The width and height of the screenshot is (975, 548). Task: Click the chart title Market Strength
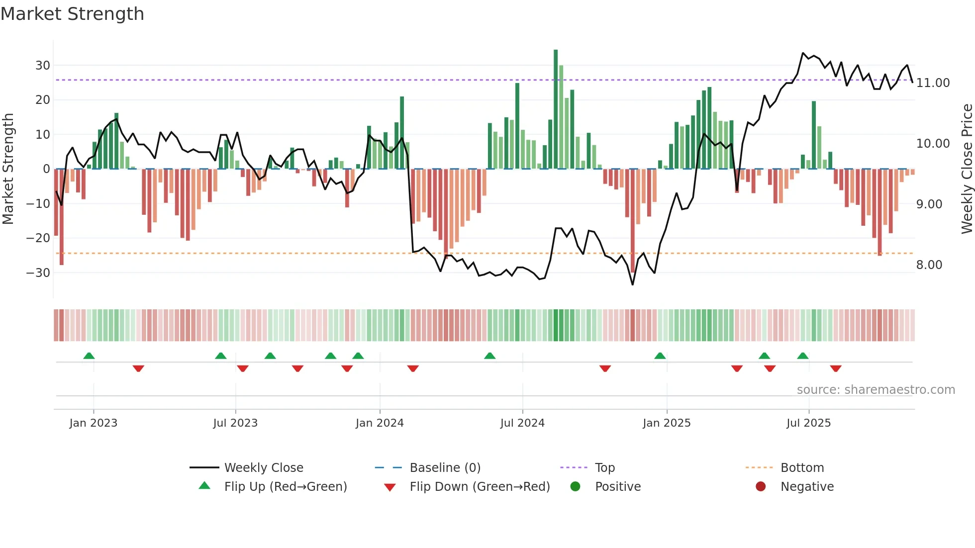(73, 14)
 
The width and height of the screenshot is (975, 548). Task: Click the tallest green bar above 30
(556, 109)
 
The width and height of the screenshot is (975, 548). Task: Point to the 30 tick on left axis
(43, 66)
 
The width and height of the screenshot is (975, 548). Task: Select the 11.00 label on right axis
(933, 83)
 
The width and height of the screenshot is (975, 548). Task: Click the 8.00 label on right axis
(929, 265)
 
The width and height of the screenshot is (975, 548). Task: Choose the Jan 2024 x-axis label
(380, 423)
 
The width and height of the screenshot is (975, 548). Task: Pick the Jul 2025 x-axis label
(808, 423)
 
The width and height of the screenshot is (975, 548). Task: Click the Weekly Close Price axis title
(967, 169)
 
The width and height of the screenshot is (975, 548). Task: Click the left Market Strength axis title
(8, 169)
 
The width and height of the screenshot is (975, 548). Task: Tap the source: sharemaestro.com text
(876, 390)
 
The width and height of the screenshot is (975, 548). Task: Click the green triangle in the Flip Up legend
(204, 486)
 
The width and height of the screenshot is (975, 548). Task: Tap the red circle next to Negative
(761, 486)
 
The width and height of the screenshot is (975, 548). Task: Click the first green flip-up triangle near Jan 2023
(89, 356)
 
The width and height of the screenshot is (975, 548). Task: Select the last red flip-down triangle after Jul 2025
(836, 368)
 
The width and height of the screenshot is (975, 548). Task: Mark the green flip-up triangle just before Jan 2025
(660, 356)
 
